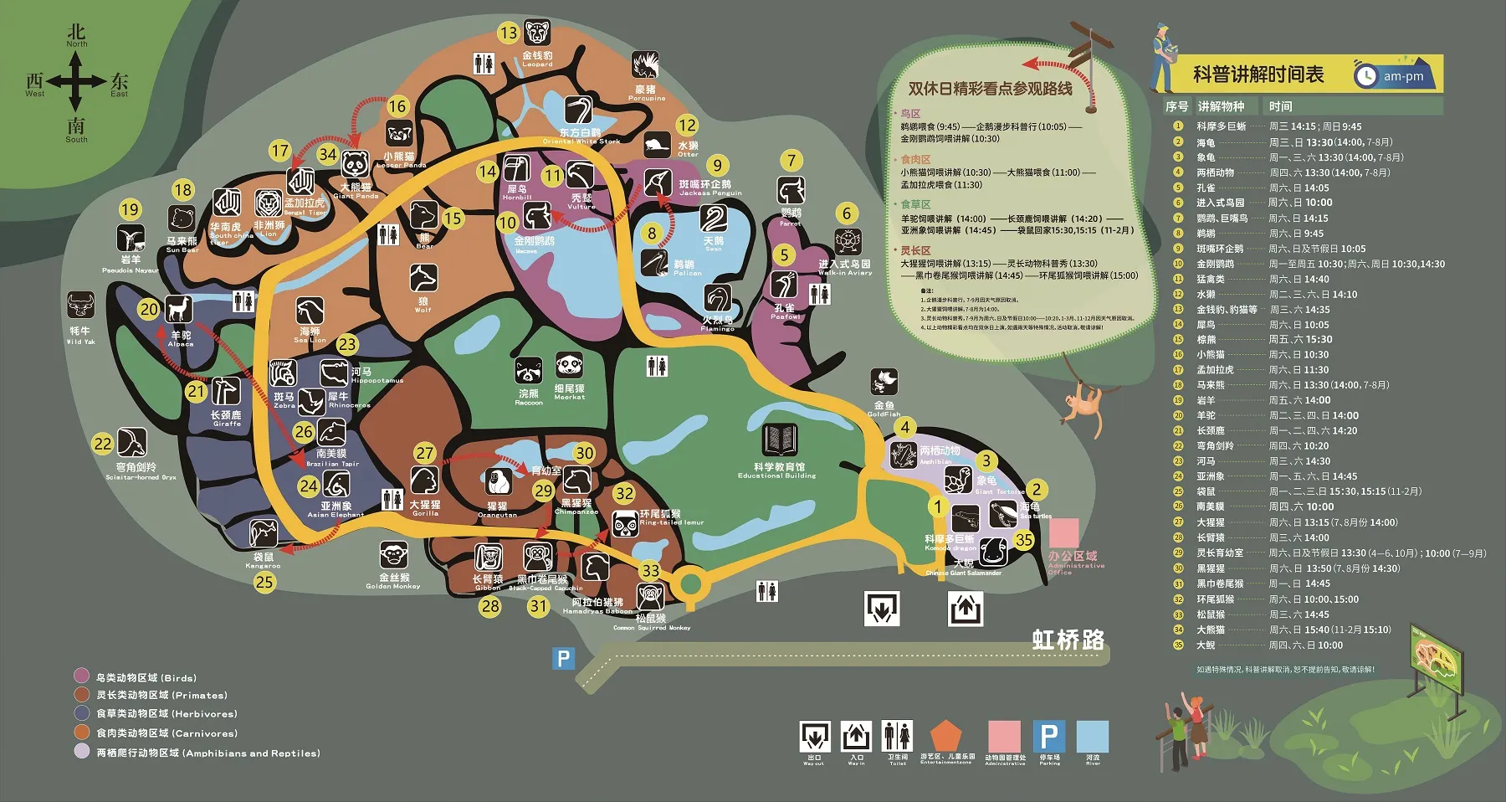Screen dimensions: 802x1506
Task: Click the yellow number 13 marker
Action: [509, 33]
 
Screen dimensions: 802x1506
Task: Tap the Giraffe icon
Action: [225, 392]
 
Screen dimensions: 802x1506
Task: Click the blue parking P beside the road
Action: [564, 659]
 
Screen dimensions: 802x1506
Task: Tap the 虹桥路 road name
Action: [1068, 640]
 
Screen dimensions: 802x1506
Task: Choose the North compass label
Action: [76, 38]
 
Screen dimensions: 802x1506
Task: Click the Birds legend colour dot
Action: [81, 676]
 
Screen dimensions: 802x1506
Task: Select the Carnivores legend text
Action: [166, 733]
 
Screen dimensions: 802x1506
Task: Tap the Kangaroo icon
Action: [264, 533]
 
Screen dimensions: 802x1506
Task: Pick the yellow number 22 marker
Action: [103, 444]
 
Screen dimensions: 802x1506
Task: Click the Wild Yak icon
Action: [81, 306]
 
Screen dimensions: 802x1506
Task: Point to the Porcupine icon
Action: [645, 66]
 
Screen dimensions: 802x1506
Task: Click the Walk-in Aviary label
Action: [844, 267]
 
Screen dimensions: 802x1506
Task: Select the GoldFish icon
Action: [884, 383]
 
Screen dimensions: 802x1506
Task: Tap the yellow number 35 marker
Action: [1024, 540]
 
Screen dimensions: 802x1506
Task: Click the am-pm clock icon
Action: [1365, 75]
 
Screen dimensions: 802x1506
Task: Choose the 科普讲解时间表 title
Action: [1258, 75]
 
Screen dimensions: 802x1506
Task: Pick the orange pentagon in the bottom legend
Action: [945, 737]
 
